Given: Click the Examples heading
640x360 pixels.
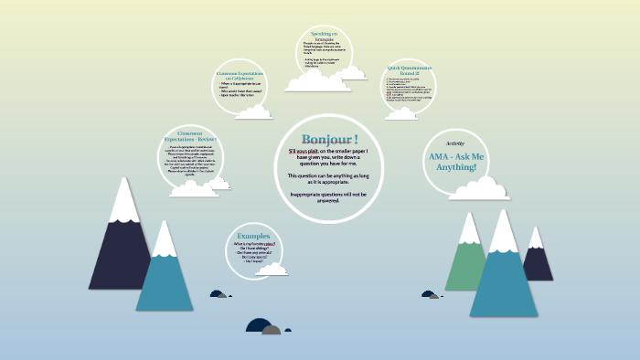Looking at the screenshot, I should pos(254,236).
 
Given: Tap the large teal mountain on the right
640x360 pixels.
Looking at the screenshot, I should pos(504,274).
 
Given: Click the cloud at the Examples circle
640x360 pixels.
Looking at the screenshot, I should pos(271,269).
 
